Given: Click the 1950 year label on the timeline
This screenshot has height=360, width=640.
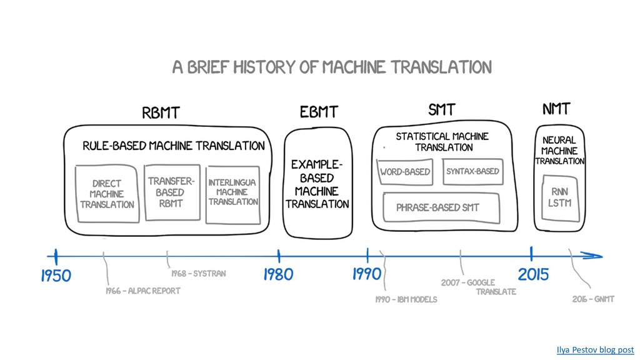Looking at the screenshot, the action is (56, 275).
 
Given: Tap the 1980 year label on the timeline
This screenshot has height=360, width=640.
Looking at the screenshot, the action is (277, 274).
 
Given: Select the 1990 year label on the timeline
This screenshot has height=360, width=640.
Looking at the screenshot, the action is (366, 273).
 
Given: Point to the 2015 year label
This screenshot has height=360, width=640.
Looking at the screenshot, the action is (533, 274).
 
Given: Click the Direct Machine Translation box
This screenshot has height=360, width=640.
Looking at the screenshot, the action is (106, 194).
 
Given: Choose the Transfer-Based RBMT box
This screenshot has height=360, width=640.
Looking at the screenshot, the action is (171, 192).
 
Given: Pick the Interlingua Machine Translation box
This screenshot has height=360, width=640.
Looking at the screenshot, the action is (232, 192).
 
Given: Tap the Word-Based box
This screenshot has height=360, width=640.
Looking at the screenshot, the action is (405, 172).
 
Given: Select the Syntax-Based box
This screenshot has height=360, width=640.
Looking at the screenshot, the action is (472, 172).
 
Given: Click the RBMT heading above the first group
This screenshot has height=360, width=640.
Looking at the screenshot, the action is (161, 113).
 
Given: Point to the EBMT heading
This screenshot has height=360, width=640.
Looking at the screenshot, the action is (319, 112).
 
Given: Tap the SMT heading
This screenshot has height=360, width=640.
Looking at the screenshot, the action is (442, 111).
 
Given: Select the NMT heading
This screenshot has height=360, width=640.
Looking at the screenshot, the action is (556, 109).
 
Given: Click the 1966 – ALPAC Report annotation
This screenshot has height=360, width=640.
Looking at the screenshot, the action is (143, 291).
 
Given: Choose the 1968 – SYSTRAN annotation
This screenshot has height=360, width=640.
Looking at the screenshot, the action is (198, 274).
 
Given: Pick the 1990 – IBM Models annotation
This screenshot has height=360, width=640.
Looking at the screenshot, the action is (406, 299).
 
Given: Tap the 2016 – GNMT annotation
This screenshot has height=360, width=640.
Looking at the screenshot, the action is (593, 299).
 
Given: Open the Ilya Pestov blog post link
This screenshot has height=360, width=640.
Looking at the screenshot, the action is (595, 350).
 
